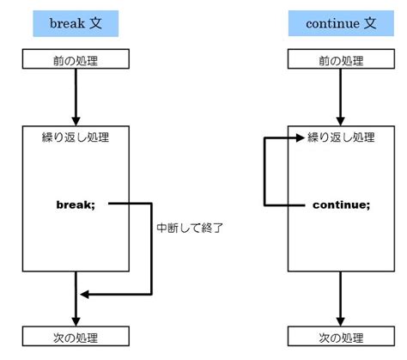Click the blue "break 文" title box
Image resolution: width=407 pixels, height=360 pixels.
(76, 23)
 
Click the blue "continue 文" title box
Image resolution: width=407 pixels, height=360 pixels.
(341, 23)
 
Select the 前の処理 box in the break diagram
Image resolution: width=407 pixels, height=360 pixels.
(76, 58)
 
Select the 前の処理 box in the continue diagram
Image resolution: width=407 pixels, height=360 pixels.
(341, 58)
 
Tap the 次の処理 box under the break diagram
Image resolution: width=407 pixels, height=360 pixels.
(76, 336)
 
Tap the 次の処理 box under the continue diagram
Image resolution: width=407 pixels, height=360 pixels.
(341, 336)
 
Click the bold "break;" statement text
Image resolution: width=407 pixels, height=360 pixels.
(76, 204)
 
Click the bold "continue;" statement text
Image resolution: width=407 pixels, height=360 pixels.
(342, 204)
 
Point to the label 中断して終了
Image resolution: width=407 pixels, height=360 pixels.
(190, 228)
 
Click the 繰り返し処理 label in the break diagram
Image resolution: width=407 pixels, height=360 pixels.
(76, 137)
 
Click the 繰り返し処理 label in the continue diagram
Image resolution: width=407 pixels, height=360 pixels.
(341, 137)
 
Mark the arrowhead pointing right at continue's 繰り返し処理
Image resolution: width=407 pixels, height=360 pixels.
(300, 137)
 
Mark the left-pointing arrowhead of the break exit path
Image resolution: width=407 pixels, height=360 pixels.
(85, 294)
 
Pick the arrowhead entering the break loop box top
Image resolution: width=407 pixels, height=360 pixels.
(76, 121)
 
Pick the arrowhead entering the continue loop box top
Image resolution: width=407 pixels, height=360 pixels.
(341, 121)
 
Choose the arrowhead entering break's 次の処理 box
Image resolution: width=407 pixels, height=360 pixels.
(76, 321)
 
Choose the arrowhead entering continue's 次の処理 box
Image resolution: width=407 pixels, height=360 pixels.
(341, 321)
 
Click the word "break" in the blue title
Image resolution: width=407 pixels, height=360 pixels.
(67, 23)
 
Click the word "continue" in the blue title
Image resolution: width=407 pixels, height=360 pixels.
(332, 23)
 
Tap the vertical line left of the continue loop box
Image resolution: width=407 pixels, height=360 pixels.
(264, 172)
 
